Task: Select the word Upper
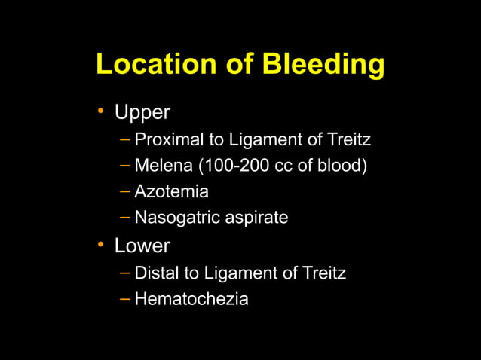click(x=142, y=113)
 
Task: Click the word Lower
click(x=142, y=246)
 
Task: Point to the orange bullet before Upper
click(x=100, y=113)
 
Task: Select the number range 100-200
click(x=225, y=166)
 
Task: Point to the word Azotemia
click(x=171, y=192)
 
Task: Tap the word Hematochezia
click(x=191, y=299)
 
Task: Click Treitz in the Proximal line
click(x=349, y=140)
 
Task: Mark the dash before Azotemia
click(x=124, y=192)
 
